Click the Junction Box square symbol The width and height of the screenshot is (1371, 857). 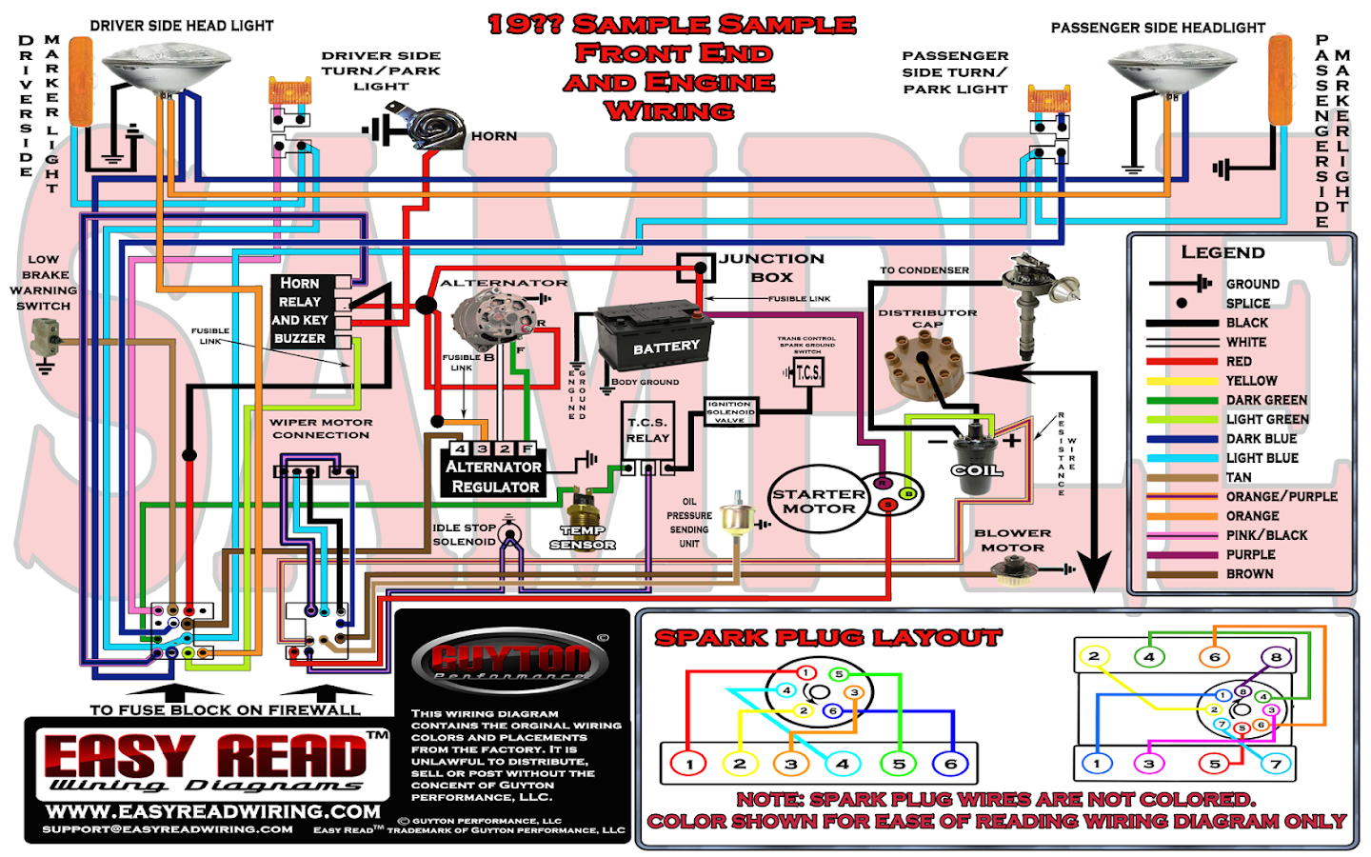click(x=696, y=268)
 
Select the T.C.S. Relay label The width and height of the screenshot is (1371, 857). click(x=647, y=429)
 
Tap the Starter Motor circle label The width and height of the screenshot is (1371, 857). click(x=819, y=501)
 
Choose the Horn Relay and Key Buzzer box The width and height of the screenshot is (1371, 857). click(x=300, y=310)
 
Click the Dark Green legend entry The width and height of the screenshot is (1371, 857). click(x=1265, y=400)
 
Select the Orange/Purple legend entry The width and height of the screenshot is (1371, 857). click(x=1281, y=496)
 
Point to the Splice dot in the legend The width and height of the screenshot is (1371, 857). click(x=1182, y=303)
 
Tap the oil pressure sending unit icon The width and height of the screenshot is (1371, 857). click(x=735, y=516)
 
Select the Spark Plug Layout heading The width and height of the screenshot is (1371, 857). click(x=827, y=638)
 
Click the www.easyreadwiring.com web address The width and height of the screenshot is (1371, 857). click(x=213, y=811)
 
